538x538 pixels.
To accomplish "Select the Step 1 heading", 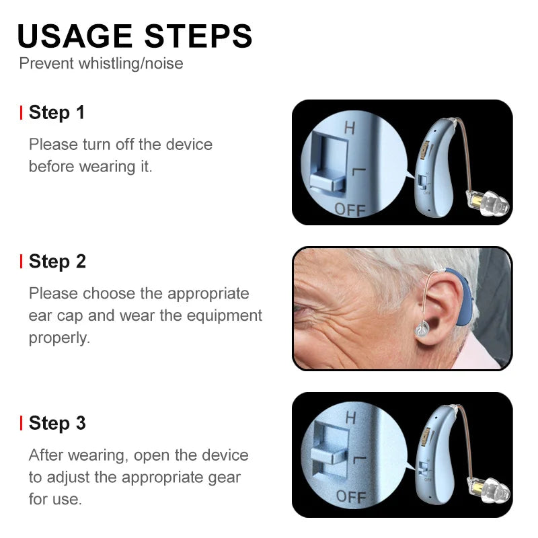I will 56,112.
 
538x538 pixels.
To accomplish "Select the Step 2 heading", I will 57,261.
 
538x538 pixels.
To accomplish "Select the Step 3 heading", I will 57,423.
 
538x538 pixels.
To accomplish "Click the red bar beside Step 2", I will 22,262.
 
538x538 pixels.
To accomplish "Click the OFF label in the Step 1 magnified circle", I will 350,209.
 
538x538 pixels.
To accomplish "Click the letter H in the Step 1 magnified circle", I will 349,126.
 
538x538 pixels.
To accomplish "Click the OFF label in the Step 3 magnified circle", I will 351,497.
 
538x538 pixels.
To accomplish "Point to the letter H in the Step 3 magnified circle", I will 350,417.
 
